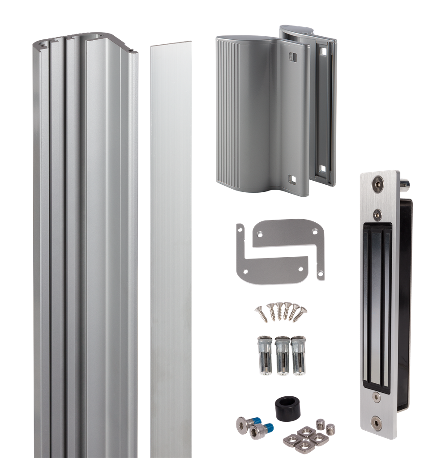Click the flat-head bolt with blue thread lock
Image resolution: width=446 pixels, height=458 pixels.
(244, 423)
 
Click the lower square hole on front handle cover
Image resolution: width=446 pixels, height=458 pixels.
(292, 178)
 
